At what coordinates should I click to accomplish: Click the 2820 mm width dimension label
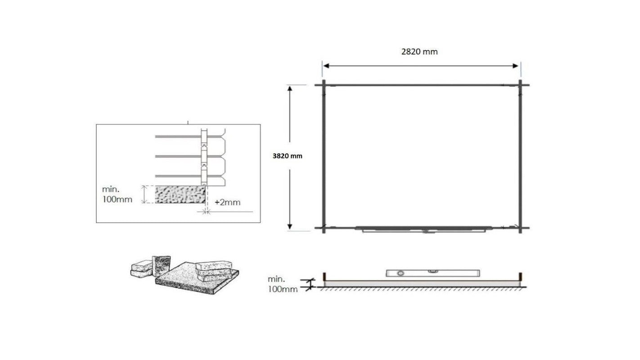pyautogui.click(x=419, y=51)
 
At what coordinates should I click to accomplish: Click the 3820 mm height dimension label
pyautogui.click(x=287, y=156)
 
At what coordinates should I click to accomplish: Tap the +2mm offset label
pyautogui.click(x=227, y=202)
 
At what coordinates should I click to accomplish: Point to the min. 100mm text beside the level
pyautogui.click(x=282, y=284)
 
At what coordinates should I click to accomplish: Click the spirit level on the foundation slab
pyautogui.click(x=433, y=273)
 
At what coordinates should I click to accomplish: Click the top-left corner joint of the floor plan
pyautogui.click(x=323, y=85)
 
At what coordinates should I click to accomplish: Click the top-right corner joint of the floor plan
pyautogui.click(x=520, y=85)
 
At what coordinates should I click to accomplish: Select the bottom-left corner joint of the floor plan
pyautogui.click(x=323, y=228)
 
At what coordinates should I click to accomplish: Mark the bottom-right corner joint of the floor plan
pyautogui.click(x=520, y=228)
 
